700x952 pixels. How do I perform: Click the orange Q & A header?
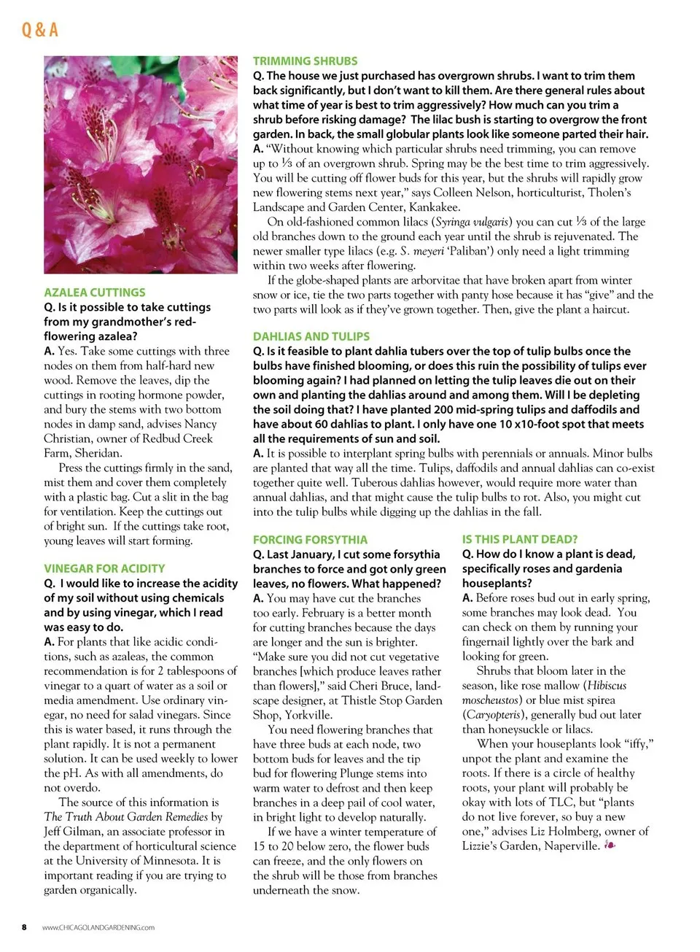[x=39, y=29]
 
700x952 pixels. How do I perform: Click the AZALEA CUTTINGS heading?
[x=94, y=292]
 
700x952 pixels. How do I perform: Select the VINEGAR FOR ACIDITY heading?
[x=104, y=568]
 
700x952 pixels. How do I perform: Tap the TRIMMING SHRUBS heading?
[x=305, y=61]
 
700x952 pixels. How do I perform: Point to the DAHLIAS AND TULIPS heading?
[x=311, y=336]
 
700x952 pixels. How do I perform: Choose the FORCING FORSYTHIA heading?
[x=310, y=540]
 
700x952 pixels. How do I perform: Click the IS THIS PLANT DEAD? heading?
[x=519, y=539]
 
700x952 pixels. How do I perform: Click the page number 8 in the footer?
[x=24, y=927]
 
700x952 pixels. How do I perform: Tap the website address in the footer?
[x=98, y=928]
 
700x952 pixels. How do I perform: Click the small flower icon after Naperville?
[x=610, y=845]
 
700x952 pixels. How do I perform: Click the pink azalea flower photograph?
[x=141, y=165]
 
